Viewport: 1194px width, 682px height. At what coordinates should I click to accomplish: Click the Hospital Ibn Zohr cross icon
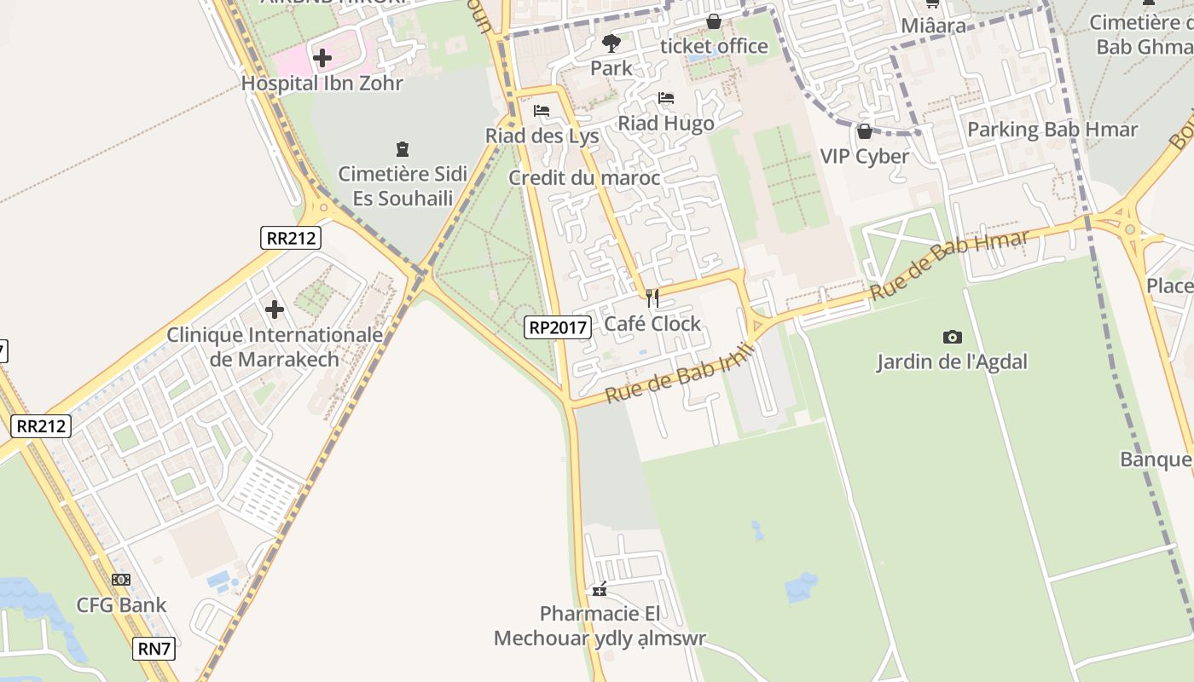[x=322, y=58]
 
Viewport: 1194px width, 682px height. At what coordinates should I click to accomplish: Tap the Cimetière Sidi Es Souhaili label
[x=403, y=186]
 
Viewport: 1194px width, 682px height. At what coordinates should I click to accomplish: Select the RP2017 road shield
[x=558, y=327]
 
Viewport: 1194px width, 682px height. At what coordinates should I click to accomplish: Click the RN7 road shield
[x=154, y=649]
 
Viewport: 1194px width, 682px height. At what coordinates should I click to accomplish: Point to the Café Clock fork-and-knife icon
[x=652, y=298]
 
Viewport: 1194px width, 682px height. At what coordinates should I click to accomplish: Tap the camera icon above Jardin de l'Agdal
[x=953, y=337]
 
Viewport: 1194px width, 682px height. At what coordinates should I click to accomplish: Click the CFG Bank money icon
[x=121, y=580]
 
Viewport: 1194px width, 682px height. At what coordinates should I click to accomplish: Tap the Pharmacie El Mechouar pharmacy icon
[x=600, y=589]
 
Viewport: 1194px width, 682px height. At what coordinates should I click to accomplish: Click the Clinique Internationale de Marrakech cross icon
[x=275, y=309]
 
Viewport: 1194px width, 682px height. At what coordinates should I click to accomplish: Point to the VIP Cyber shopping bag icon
[x=865, y=131]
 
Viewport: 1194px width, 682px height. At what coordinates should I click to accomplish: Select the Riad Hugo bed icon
[x=666, y=98]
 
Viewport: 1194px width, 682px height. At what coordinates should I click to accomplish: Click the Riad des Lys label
[x=542, y=136]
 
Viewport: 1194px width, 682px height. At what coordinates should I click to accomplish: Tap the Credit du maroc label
[x=584, y=178]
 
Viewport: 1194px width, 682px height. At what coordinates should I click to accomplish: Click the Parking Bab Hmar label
[x=1052, y=130]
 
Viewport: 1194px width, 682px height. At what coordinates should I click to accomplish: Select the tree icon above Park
[x=611, y=43]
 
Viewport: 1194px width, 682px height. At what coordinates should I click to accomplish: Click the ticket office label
[x=714, y=46]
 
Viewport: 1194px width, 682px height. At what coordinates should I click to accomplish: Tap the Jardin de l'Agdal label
[x=952, y=361]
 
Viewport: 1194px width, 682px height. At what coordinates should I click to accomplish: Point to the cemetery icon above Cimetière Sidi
[x=403, y=149]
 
